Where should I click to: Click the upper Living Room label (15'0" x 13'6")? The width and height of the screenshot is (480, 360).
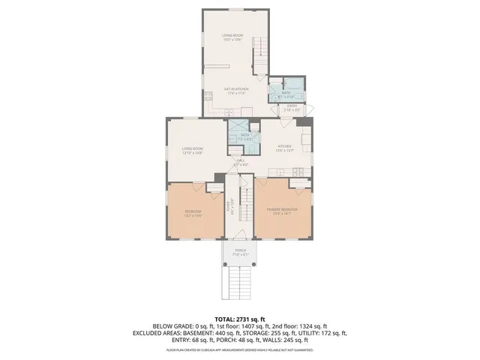(x=235, y=37)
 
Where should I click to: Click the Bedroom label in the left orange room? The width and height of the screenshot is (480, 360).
(x=193, y=213)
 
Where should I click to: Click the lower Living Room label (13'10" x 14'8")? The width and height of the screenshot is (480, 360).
(x=193, y=151)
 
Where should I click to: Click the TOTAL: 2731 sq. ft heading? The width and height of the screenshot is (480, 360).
(x=240, y=319)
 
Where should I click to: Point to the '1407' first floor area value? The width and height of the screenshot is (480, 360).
(x=245, y=326)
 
